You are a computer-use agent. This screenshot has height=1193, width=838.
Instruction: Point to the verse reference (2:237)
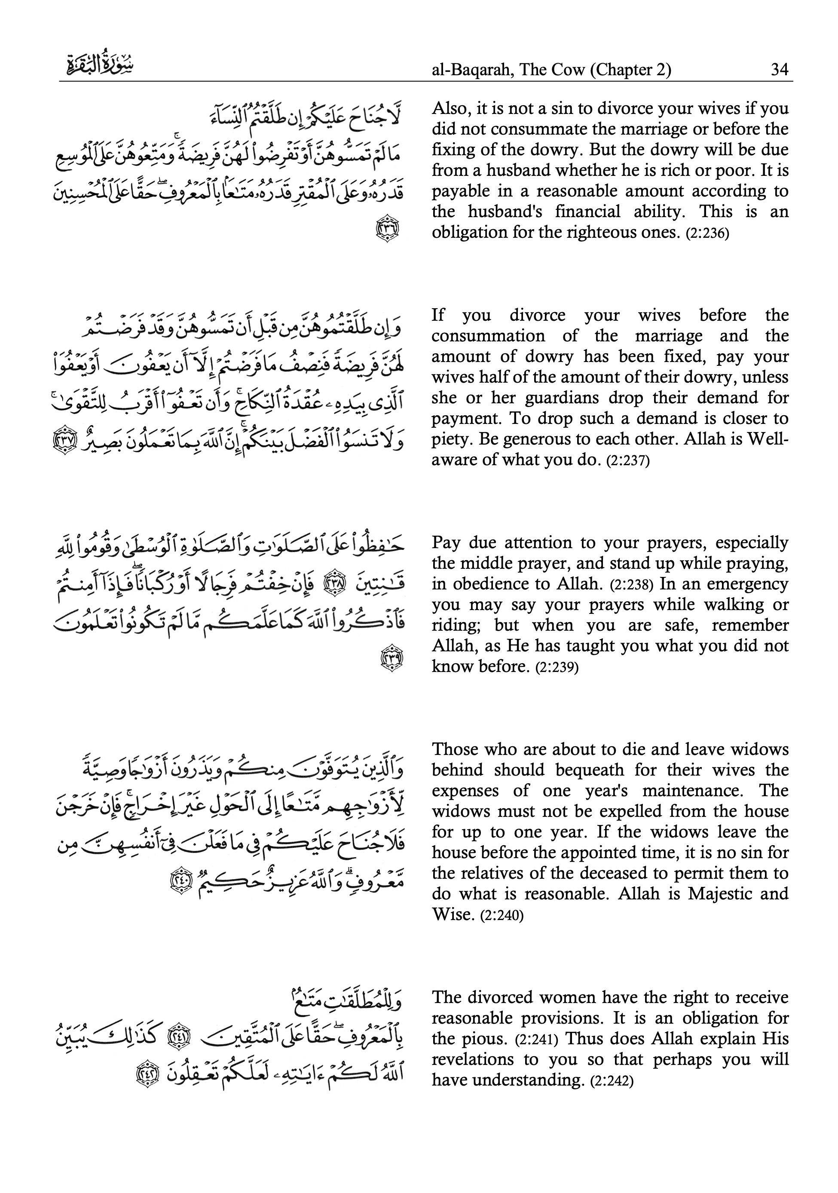(628, 461)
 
